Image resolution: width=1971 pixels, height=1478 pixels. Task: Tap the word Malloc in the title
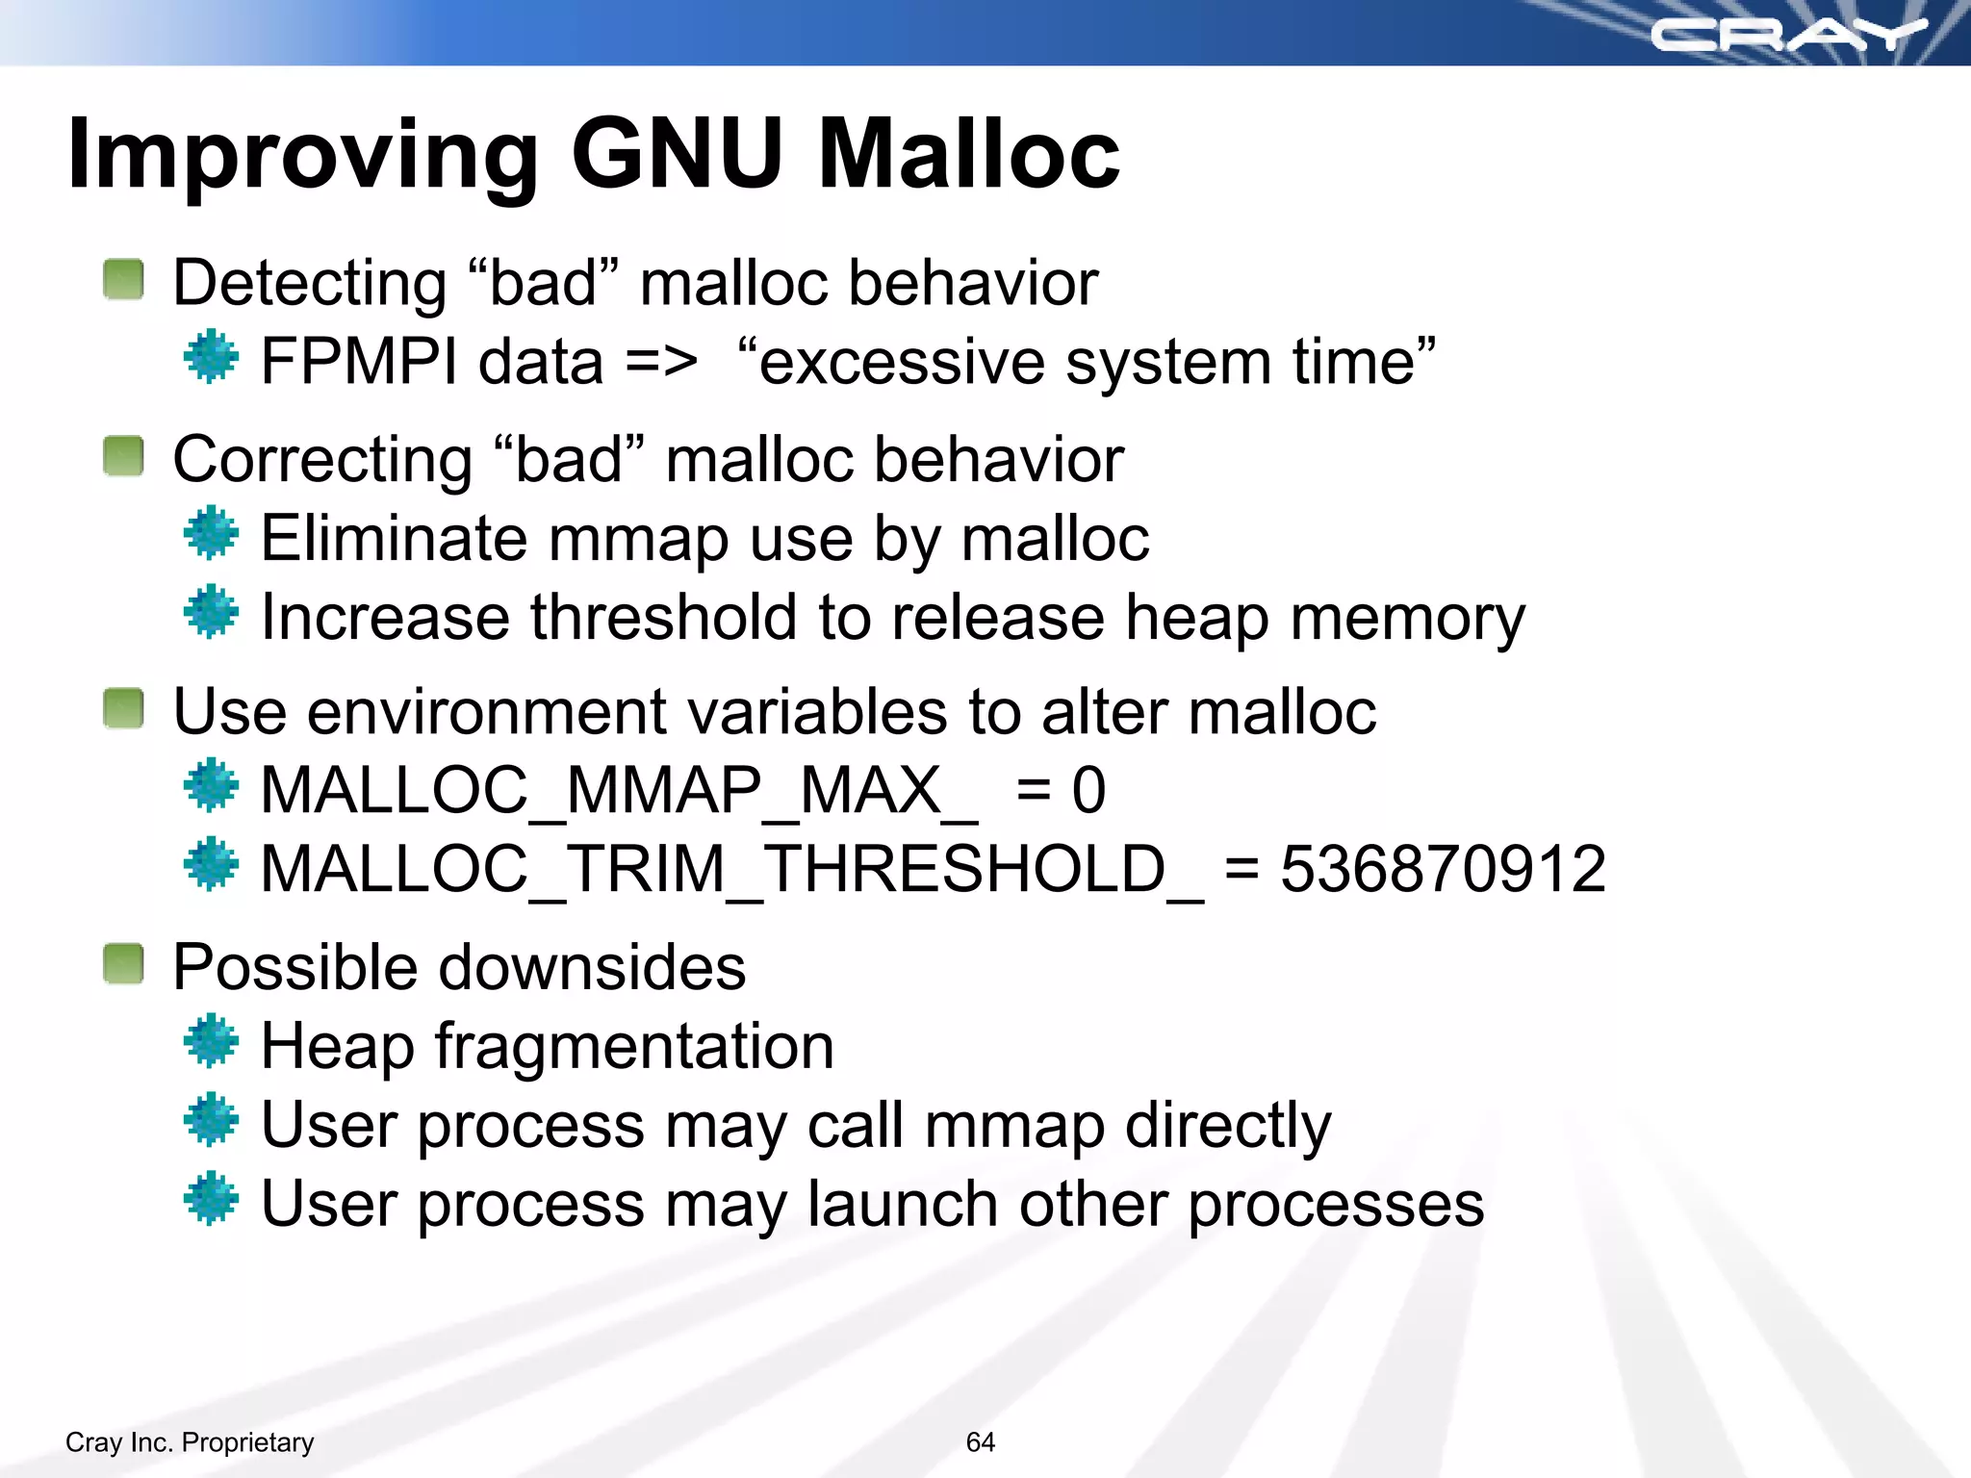[968, 154]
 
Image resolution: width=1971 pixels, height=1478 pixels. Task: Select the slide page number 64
[980, 1441]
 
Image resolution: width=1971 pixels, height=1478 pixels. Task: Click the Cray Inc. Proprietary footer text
[190, 1441]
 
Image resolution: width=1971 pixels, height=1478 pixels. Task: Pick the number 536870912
[1443, 869]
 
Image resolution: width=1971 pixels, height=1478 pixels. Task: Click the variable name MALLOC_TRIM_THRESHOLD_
[731, 869]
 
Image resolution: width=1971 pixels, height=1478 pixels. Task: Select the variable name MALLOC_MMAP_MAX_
[619, 791]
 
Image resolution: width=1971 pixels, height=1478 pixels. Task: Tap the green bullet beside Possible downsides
[123, 964]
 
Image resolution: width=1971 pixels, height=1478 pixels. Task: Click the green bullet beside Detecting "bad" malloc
[123, 280]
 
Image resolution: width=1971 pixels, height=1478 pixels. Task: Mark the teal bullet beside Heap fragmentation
[211, 1041]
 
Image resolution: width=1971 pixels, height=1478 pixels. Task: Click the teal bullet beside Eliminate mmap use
[211, 534]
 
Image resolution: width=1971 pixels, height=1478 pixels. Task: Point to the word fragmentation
[634, 1047]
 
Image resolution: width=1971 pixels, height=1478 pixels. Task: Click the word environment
[487, 712]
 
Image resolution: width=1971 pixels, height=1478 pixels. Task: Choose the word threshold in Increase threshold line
[663, 617]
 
